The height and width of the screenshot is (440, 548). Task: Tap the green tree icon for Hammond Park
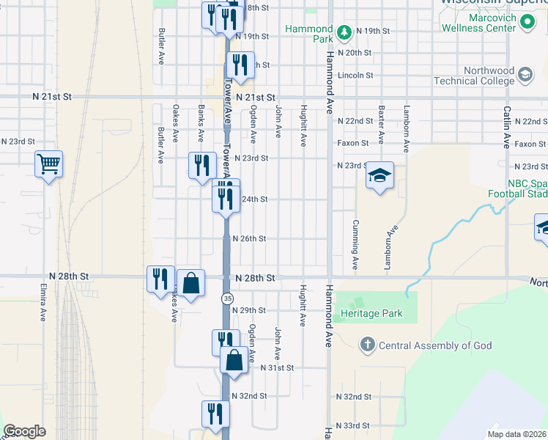(344, 32)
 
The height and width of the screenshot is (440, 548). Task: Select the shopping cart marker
(49, 164)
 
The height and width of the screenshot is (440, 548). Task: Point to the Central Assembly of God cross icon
(367, 345)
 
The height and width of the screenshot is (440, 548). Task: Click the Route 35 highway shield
(228, 298)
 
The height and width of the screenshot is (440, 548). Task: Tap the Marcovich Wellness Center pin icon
(527, 22)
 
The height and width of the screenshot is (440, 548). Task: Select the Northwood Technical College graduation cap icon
(525, 75)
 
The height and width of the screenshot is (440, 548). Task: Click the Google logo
(24, 431)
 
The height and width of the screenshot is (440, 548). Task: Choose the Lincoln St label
(356, 75)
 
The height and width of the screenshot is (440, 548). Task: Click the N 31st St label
(275, 367)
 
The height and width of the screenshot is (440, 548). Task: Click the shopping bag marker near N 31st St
(234, 360)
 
